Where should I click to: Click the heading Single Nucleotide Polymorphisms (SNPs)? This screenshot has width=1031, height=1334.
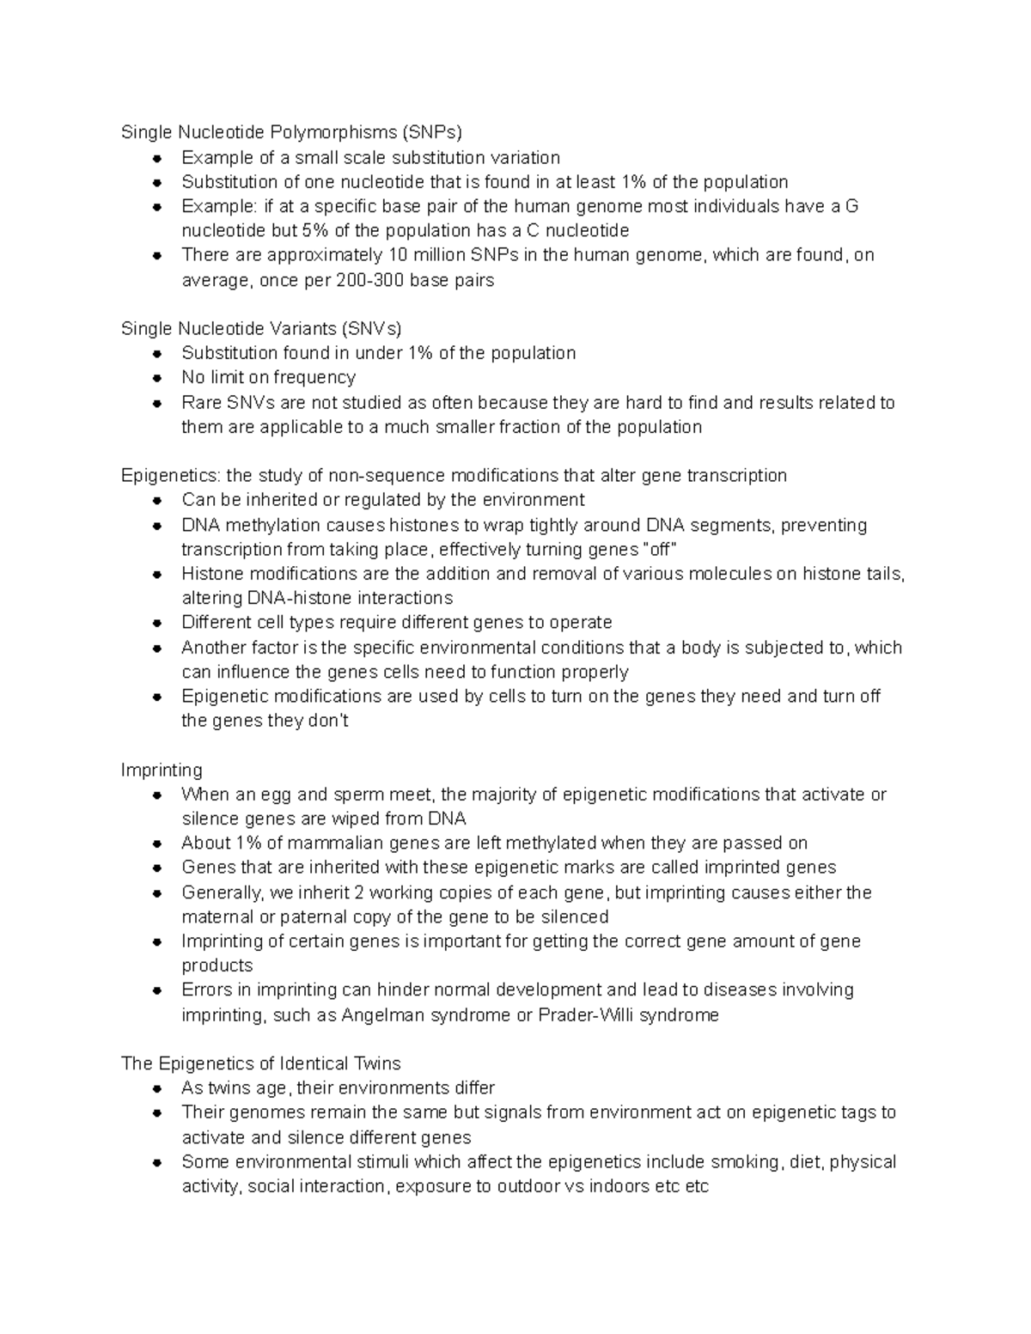291,132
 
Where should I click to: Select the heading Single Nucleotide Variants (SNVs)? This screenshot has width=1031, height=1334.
261,328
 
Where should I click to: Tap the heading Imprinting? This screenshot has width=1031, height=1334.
162,770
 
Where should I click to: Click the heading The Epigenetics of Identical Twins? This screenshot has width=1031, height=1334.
261,1063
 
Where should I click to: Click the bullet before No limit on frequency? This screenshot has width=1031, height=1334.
157,378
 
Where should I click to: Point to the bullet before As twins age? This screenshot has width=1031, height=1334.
157,1088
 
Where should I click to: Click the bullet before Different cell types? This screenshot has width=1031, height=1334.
157,623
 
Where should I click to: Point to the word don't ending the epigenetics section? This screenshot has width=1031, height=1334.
327,722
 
